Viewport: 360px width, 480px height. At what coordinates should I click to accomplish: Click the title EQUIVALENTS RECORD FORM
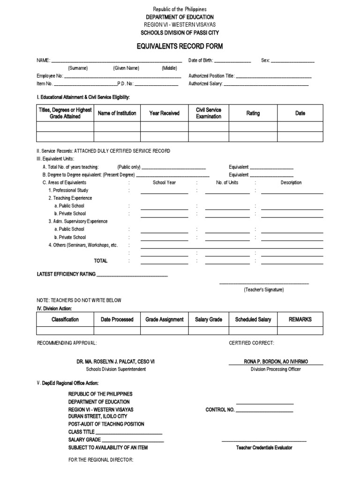point(180,46)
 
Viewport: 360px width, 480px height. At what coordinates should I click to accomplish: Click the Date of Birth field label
point(201,60)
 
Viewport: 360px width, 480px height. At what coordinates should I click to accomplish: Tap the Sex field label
point(265,60)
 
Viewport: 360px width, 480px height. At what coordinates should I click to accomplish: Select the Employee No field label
point(50,76)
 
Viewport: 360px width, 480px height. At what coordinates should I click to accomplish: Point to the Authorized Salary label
point(205,84)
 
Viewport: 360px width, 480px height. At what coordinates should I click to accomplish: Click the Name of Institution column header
point(117,113)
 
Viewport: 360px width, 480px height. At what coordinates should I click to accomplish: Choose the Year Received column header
point(164,113)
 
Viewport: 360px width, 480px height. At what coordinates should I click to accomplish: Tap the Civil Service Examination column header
point(209,113)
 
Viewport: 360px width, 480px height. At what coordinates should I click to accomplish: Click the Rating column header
point(253,113)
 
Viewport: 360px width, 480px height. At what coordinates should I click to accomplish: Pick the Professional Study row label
point(68,190)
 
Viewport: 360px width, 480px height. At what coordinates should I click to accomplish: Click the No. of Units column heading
point(227,182)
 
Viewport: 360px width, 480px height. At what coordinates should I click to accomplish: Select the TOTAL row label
point(101,261)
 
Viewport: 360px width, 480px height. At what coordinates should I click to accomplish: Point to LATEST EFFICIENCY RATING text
point(66,274)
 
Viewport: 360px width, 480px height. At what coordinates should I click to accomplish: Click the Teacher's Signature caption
point(263,290)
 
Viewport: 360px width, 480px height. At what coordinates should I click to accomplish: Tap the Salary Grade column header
point(209,319)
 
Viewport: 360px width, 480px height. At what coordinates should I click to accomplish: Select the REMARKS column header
point(300,319)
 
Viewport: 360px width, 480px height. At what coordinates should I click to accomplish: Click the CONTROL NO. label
point(220,410)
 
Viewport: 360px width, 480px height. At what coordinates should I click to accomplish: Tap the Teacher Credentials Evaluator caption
point(264,448)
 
